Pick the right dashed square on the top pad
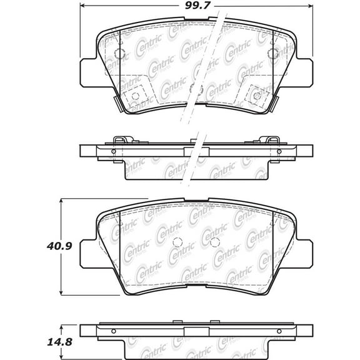tap(256, 95)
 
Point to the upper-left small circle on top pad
tap(120, 52)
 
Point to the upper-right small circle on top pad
tap(272, 52)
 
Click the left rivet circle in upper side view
tap(113, 151)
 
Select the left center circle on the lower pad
tap(177, 242)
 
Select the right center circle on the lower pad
tap(215, 242)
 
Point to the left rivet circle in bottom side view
tap(113, 331)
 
